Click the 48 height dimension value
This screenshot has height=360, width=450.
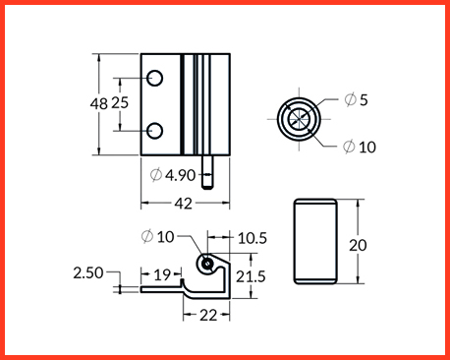(x=98, y=104)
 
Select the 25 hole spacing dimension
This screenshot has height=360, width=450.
(x=120, y=103)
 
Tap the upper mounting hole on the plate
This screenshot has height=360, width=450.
(x=154, y=78)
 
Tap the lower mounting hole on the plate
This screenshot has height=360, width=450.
(x=154, y=131)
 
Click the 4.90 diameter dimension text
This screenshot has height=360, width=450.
(x=180, y=175)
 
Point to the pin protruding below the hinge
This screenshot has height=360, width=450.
(x=206, y=172)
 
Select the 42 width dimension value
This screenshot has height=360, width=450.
(x=183, y=204)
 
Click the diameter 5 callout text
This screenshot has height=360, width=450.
(x=356, y=99)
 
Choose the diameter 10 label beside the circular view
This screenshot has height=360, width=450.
(x=360, y=147)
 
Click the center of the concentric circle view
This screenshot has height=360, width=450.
(x=299, y=119)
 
